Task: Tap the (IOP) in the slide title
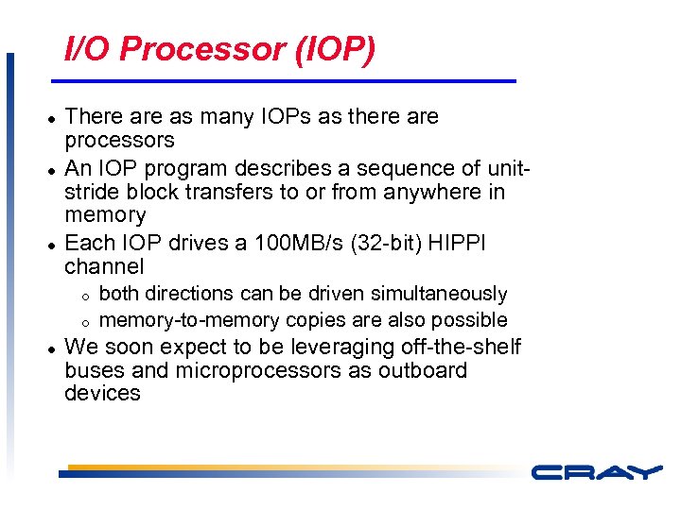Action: [335, 49]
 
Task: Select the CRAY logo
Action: [595, 471]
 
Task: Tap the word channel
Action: [104, 267]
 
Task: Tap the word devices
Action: [102, 393]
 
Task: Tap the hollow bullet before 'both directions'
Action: [83, 297]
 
